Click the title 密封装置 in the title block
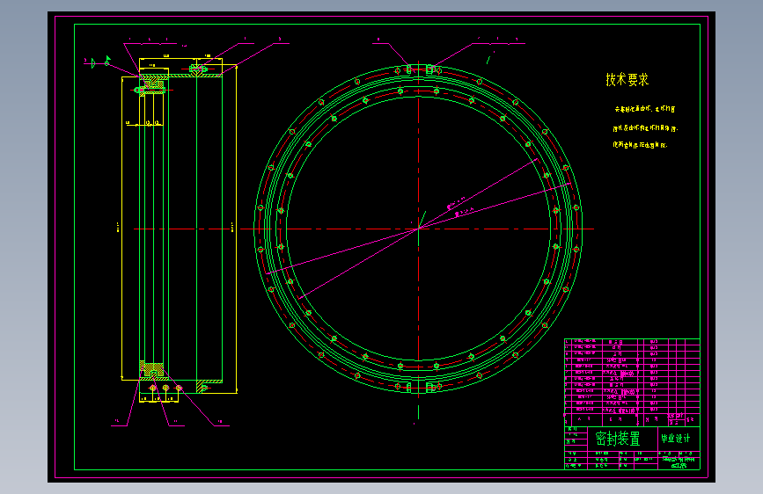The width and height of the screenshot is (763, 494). [x=618, y=439]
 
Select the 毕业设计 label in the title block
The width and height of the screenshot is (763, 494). [x=675, y=439]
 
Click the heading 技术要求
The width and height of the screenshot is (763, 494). [x=627, y=80]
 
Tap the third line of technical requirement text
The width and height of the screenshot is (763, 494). [x=639, y=145]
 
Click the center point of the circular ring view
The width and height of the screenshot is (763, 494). [x=419, y=229]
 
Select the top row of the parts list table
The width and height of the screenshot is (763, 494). [x=631, y=342]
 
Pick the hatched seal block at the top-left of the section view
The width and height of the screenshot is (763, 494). [x=150, y=86]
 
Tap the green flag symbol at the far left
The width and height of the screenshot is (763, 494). [x=107, y=62]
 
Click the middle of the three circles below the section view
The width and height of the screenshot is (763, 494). [x=165, y=388]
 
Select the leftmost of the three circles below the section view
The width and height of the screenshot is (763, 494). [x=153, y=388]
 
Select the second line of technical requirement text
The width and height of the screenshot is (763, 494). [x=646, y=128]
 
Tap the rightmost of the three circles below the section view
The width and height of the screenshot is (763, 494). [x=178, y=388]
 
